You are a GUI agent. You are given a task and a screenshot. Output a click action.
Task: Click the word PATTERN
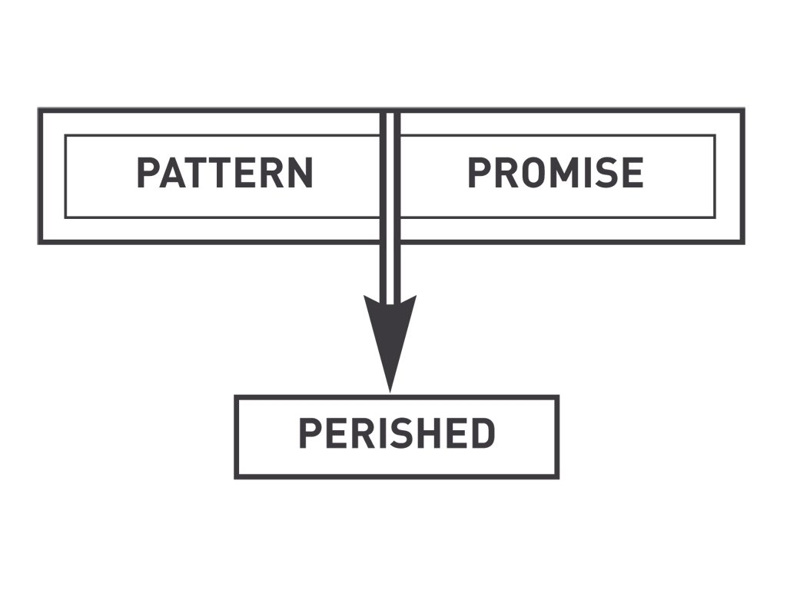[224, 173]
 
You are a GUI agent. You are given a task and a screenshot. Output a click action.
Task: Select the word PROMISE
[555, 173]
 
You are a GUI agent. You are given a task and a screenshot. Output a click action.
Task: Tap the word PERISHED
[396, 434]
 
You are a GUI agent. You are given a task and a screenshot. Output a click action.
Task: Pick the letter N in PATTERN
[300, 173]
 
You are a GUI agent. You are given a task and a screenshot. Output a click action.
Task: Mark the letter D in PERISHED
[483, 434]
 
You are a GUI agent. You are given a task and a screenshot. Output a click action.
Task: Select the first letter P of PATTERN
[148, 173]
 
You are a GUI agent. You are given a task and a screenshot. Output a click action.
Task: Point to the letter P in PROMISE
[479, 173]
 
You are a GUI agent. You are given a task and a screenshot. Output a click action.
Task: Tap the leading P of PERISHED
[309, 434]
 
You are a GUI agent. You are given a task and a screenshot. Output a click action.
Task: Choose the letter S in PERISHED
[401, 434]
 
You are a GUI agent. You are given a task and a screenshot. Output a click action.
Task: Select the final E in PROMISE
[632, 173]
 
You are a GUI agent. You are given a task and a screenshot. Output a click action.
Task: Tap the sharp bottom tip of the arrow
[390, 389]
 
